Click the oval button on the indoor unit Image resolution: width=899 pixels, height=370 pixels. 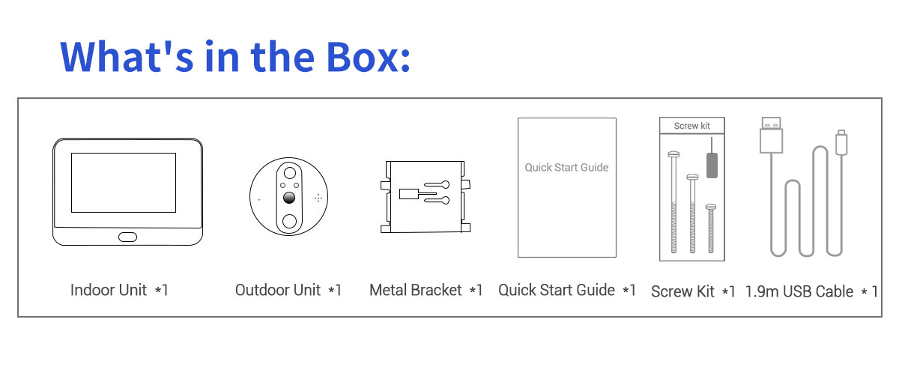tap(127, 237)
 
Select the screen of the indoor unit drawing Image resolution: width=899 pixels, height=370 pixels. tap(124, 183)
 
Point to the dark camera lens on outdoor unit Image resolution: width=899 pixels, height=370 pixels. tap(289, 198)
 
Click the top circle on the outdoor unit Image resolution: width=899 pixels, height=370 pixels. tap(290, 173)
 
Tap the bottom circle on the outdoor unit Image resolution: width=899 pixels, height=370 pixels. tap(289, 221)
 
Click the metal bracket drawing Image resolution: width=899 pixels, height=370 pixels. tap(426, 197)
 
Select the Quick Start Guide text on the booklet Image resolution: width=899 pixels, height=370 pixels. tap(566, 167)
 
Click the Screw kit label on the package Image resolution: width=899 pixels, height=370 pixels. tap(692, 126)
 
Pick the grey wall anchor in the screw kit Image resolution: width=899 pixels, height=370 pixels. tap(712, 165)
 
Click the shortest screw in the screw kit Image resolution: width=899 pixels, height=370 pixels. tap(711, 228)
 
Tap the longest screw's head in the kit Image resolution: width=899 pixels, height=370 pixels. tap(674, 154)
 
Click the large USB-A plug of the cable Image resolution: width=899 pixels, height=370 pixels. tap(771, 135)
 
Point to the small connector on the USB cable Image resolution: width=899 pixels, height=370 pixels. tap(841, 142)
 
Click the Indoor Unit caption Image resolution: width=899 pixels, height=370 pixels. tap(119, 290)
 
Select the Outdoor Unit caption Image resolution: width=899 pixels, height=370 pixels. tap(288, 290)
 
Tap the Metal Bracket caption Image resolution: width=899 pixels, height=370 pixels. tap(426, 290)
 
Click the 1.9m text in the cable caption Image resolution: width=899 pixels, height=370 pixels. tap(762, 292)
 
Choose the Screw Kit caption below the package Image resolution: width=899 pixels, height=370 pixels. tap(693, 292)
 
